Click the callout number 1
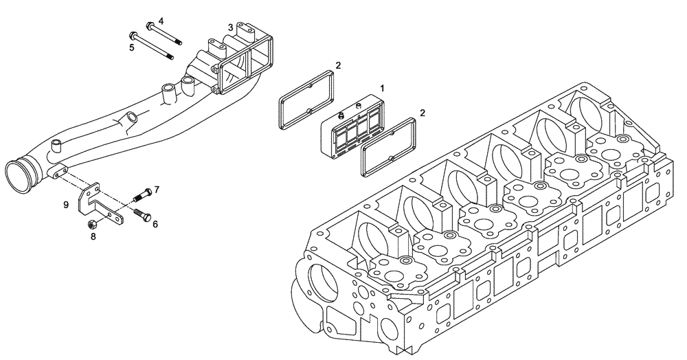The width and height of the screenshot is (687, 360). tap(383, 89)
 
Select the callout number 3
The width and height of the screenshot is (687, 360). tap(231, 27)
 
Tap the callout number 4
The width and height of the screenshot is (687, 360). tap(161, 21)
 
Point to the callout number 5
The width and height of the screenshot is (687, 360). tap(131, 47)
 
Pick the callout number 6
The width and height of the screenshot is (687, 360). tap(155, 224)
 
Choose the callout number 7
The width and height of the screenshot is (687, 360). tap(157, 189)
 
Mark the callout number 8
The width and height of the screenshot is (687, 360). tap(93, 236)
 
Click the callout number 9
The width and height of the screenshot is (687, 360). tap(66, 205)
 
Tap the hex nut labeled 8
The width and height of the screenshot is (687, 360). tap(92, 224)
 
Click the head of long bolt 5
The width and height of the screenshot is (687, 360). tap(133, 35)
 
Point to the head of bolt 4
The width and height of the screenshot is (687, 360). tap(149, 28)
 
